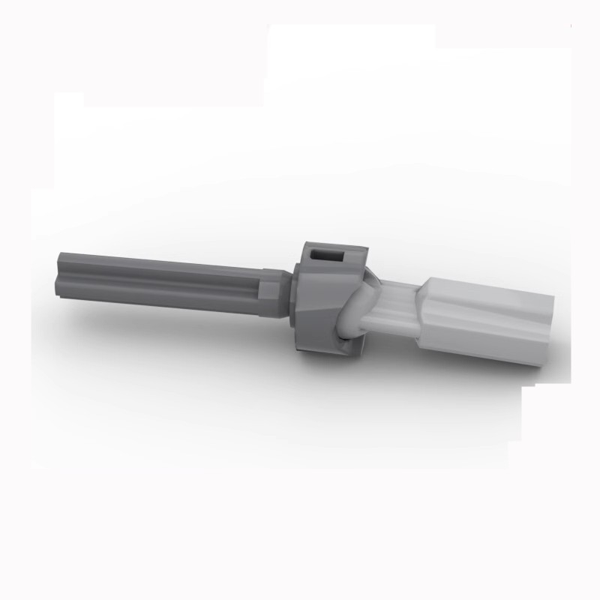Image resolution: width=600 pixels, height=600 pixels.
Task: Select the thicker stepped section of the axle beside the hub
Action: (271, 292)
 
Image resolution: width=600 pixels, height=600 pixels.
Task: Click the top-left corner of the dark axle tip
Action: (59, 256)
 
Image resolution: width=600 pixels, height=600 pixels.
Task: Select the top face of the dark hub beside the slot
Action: (352, 251)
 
